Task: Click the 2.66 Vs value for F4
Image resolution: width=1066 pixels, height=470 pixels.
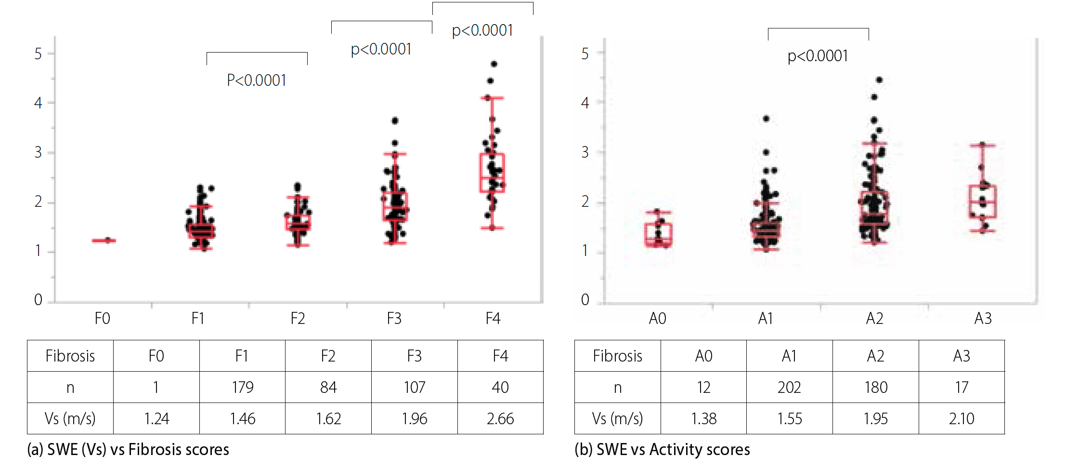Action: [x=500, y=418]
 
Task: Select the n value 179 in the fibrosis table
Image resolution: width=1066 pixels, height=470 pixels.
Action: [x=242, y=387]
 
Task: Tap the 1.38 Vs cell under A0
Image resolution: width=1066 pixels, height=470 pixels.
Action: [x=703, y=418]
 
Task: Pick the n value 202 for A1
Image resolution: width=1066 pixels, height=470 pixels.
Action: [x=789, y=387]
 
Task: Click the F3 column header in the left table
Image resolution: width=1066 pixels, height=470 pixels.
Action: [x=414, y=356]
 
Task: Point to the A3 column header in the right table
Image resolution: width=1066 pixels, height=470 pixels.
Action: [x=962, y=356]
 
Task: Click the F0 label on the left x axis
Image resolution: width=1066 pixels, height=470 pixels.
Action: [x=103, y=319]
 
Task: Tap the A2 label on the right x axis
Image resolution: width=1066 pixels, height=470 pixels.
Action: [x=874, y=319]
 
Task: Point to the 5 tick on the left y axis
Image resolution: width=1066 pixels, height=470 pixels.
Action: [x=38, y=54]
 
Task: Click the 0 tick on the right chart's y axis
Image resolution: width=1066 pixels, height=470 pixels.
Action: [x=585, y=300]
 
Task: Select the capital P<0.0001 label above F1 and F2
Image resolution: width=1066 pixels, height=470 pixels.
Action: [x=257, y=81]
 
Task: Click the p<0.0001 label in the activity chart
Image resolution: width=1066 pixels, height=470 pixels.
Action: [x=818, y=56]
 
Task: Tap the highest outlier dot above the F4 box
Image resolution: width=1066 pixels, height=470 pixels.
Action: [x=494, y=64]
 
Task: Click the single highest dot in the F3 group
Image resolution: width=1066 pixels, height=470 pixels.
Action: [x=395, y=121]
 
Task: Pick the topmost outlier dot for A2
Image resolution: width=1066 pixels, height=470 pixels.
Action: [x=879, y=80]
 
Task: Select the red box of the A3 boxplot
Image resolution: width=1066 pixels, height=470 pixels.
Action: [x=983, y=201]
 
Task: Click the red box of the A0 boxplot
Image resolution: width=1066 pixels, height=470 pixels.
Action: [x=658, y=235]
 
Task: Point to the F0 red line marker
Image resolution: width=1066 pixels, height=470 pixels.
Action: [x=104, y=240]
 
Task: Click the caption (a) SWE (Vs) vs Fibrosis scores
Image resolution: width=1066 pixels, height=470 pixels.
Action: [x=128, y=450]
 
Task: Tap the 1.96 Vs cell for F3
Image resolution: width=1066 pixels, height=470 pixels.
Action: [x=414, y=418]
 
